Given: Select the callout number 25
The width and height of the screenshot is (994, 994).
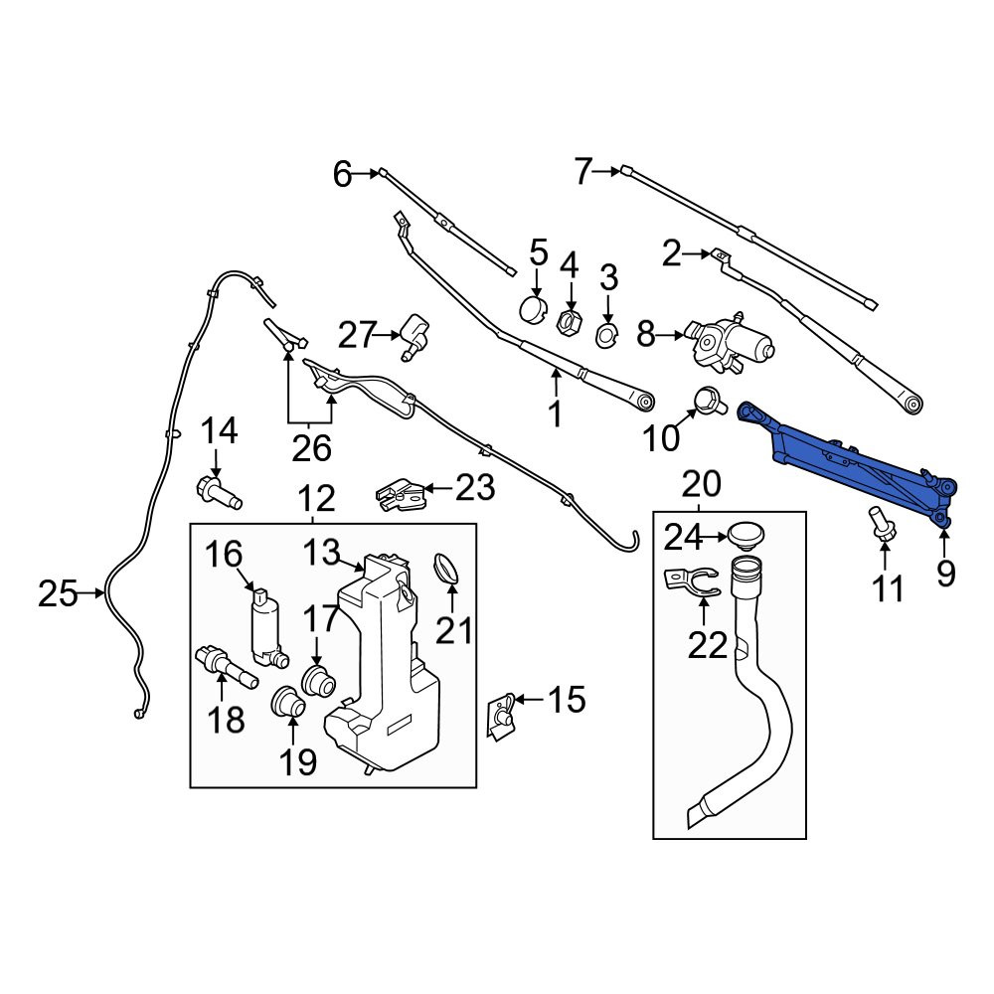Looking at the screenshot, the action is tap(58, 593).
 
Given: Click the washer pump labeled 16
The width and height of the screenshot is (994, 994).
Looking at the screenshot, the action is tap(267, 627).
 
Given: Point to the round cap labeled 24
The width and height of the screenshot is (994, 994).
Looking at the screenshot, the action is tap(745, 535).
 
